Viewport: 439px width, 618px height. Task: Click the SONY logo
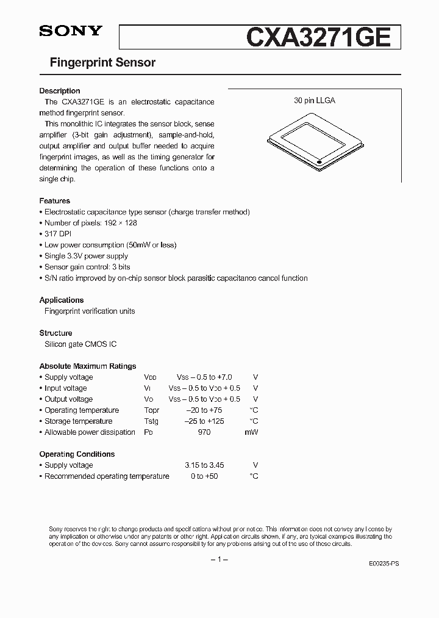coord(71,32)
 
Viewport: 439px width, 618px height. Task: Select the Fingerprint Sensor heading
coord(97,62)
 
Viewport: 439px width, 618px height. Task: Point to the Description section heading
coord(60,91)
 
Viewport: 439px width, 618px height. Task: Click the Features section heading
coord(55,201)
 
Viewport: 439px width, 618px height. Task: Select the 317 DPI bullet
coord(58,234)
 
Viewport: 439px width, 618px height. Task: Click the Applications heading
coord(62,300)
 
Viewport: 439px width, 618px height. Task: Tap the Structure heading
coord(55,333)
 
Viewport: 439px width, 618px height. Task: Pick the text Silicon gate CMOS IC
coord(80,344)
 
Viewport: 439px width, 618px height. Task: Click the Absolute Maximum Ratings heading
coord(88,366)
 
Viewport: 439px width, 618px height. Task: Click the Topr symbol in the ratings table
coord(151,410)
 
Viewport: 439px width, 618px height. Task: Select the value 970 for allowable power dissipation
coord(204,432)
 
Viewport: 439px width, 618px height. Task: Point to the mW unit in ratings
coord(252,432)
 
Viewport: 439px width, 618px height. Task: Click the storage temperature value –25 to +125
coord(204,421)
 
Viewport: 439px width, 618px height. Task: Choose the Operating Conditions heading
coord(77,454)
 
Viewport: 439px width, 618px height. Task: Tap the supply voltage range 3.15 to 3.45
coord(204,465)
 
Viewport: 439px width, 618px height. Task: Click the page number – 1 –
coord(219,560)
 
